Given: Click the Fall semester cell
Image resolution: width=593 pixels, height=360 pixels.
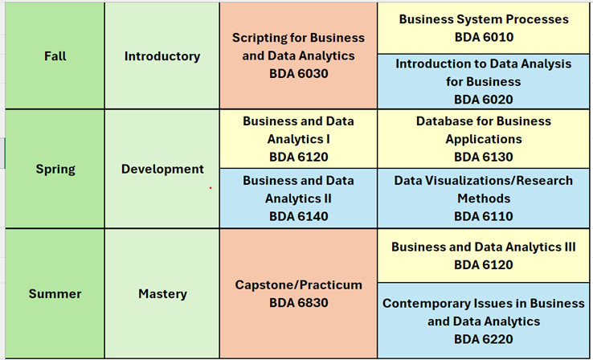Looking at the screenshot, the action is click(x=55, y=56).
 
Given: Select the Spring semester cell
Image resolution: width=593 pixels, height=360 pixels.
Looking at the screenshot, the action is click(x=55, y=169).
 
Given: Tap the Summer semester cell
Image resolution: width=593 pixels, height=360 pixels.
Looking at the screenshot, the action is click(x=55, y=293).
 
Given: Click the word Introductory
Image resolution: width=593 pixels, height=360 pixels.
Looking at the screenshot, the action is click(x=162, y=56).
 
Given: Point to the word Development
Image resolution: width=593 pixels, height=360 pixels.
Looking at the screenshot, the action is click(x=162, y=169).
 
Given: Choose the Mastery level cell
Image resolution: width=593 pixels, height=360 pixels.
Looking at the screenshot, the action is click(x=162, y=293).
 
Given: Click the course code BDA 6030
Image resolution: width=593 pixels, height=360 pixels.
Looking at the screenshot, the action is click(x=298, y=73).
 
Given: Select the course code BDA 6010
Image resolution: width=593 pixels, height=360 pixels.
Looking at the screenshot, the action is click(x=484, y=37).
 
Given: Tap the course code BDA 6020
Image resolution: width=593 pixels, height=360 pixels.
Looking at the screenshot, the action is click(x=484, y=100).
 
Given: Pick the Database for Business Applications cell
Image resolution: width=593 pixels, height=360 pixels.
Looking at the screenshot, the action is click(x=484, y=139).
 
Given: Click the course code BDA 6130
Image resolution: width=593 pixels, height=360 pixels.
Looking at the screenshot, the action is click(x=484, y=157).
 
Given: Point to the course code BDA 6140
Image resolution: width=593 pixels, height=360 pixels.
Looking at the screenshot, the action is click(x=298, y=216).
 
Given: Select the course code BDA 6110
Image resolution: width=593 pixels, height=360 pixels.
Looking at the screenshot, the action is click(x=484, y=216).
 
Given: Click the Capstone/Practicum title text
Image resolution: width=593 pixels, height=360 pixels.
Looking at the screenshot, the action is click(x=298, y=284).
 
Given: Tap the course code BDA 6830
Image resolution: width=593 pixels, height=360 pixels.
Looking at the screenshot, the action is click(x=298, y=303).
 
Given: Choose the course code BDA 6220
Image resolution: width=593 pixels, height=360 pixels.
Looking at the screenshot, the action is click(x=484, y=339).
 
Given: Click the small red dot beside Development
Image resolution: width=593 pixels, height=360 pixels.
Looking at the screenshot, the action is click(x=211, y=188).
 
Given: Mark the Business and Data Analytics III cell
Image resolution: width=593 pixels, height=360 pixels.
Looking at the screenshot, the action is click(x=484, y=256).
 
